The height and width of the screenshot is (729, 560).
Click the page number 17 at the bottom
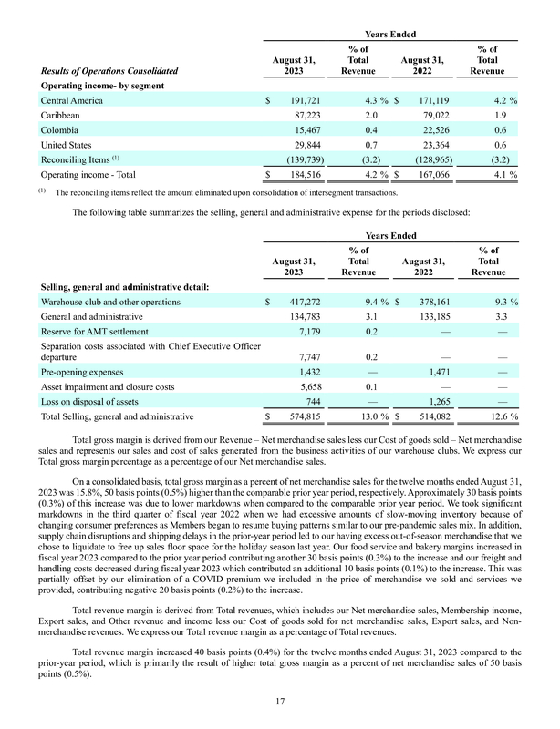tap(280, 700)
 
